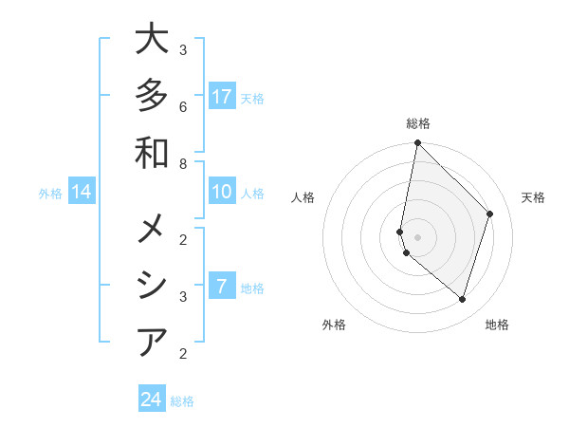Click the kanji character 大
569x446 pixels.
click(152, 40)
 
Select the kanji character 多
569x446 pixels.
click(152, 96)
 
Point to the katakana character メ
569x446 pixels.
click(152, 230)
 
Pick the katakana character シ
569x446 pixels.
click(152, 286)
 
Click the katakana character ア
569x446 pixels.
click(152, 342)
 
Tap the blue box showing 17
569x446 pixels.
click(222, 97)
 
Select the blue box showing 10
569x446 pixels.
click(222, 193)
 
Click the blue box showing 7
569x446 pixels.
click(222, 287)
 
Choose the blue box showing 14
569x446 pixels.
click(82, 193)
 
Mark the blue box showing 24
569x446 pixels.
click(152, 400)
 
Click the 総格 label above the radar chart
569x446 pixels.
click(418, 123)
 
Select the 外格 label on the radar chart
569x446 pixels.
click(334, 325)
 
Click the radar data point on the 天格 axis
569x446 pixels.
click(490, 214)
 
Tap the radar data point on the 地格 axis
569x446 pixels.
click(462, 299)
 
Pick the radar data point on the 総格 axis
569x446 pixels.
click(418, 143)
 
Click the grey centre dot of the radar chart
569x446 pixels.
click(418, 237)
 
